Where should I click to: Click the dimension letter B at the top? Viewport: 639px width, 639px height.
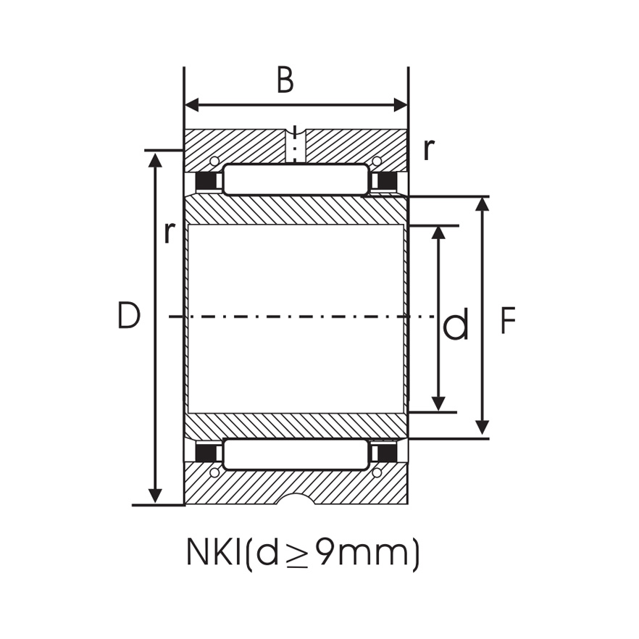tap(285, 80)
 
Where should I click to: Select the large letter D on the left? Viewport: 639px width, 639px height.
tap(128, 317)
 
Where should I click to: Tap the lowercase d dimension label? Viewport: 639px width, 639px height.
tap(456, 325)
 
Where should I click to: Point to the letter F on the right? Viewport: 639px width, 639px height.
tap(508, 321)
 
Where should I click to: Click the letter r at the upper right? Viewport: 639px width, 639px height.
tap(430, 150)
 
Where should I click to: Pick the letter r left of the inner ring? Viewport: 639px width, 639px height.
tap(169, 232)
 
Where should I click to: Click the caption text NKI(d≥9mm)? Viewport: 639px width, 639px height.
tap(303, 554)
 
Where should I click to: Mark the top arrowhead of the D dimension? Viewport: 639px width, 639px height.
tap(155, 159)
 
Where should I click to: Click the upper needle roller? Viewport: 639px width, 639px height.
tap(296, 180)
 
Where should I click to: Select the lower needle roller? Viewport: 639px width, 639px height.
tap(296, 454)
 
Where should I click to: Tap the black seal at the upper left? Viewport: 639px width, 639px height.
tap(208, 180)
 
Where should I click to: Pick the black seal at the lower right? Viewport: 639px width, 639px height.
tap(387, 454)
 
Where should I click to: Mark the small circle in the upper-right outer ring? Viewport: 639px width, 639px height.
tap(377, 161)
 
